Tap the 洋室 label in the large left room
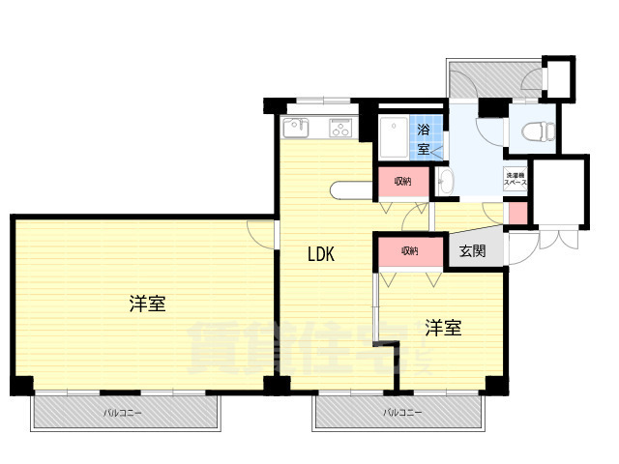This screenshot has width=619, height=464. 148,304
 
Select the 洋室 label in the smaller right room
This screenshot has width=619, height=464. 443,329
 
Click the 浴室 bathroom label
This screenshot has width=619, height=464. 424,138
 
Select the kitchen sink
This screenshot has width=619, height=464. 295,127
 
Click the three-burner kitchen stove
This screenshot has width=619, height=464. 340,127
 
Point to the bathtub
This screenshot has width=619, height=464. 395,137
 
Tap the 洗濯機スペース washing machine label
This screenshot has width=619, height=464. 515,179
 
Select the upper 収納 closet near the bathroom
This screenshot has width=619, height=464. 401,181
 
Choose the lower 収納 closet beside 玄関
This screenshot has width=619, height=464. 409,251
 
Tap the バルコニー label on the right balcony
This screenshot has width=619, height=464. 400,413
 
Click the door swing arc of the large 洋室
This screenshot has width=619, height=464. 261,232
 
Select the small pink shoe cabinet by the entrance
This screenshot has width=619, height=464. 517,213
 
